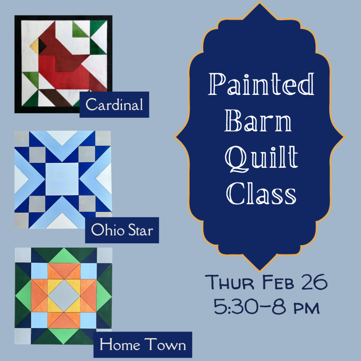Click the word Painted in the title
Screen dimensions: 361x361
tap(261, 84)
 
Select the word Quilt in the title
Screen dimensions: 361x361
tap(261, 159)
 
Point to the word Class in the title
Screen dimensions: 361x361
tap(261, 193)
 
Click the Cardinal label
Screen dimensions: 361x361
tap(114, 105)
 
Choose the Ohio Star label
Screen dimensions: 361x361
tap(122, 230)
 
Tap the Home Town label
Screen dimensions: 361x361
tap(143, 345)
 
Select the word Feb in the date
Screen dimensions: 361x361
tap(278, 282)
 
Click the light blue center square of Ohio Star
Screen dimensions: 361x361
tap(62, 179)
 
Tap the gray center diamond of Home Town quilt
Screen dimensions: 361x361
tap(64, 296)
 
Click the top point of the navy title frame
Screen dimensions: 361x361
tap(260, 2)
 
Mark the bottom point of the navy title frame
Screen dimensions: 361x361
tap(260, 270)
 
